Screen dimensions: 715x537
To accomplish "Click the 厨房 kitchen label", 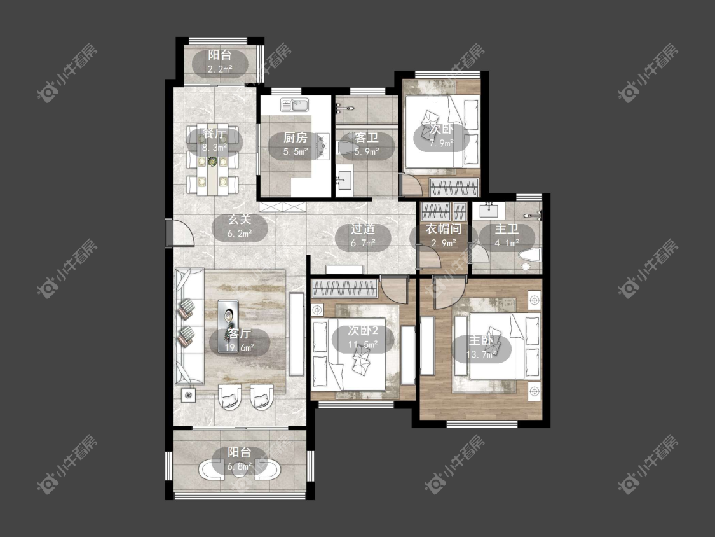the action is point(295,137).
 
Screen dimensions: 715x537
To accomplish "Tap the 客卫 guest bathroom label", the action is point(366,137).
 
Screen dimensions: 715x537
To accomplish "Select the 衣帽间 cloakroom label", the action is point(443,229).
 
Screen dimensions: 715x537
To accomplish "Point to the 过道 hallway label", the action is point(363,229).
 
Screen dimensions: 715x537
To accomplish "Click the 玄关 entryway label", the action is point(240,219).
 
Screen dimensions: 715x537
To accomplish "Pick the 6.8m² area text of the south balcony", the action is point(240,466).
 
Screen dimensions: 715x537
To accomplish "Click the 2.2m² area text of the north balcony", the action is point(220,69).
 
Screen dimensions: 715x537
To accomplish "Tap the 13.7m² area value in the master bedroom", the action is point(481,354).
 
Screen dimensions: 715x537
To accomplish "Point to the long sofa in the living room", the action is point(189,326).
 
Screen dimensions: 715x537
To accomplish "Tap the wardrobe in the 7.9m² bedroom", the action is point(455,187).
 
